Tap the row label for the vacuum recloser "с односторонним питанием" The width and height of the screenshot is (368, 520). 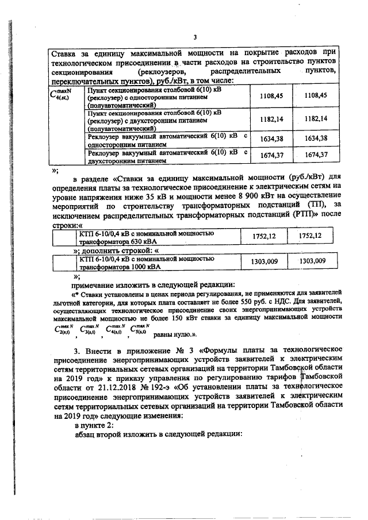(167, 141)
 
